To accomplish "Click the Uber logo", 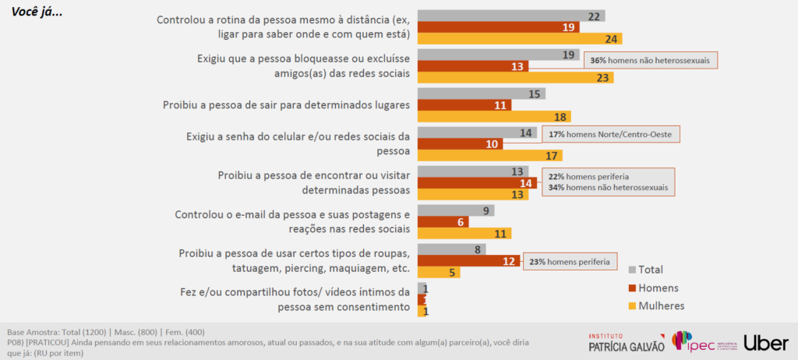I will coord(766,342).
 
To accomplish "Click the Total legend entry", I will coord(646,270).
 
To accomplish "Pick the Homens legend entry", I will coord(651,288).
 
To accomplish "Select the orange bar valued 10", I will coord(461,144).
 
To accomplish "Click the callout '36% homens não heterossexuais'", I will coord(650,61).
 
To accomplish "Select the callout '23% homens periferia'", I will coord(570,262).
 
